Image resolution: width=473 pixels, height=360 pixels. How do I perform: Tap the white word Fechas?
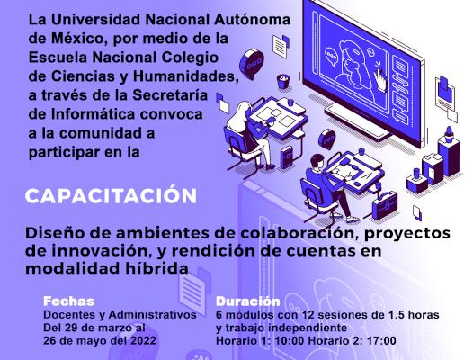[x=68, y=301]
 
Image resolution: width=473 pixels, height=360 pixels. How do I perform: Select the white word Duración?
[x=248, y=301]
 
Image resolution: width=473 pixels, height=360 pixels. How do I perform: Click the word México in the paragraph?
[x=79, y=39]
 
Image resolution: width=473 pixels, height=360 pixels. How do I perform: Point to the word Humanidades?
[x=185, y=76]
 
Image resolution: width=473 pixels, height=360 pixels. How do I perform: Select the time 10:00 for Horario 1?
[x=289, y=341]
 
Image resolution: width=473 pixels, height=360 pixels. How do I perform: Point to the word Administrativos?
[x=153, y=314]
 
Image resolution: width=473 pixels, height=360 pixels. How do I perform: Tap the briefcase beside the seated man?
[x=385, y=205]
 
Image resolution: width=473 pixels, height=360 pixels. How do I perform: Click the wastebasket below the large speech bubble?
[x=283, y=81]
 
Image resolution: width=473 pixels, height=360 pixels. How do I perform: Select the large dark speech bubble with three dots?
[x=252, y=64]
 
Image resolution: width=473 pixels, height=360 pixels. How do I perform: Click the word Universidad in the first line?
[x=95, y=20]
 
